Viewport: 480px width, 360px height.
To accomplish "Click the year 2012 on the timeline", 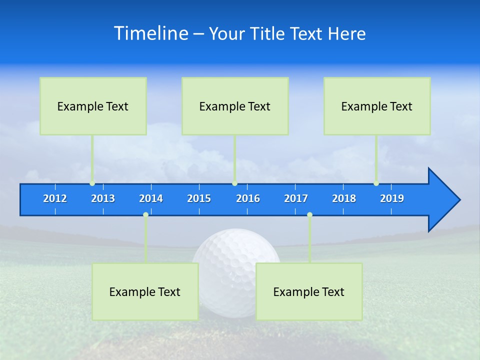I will tap(55, 198).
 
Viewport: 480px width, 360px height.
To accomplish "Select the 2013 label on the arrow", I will tap(103, 198).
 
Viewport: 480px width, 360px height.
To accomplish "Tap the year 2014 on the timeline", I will tap(151, 198).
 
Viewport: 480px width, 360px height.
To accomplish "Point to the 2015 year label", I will tap(199, 198).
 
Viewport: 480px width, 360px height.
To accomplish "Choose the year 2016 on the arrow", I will tap(248, 198).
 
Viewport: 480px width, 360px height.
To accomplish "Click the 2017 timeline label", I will tap(296, 198).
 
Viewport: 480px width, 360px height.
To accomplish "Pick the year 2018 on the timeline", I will tap(344, 198).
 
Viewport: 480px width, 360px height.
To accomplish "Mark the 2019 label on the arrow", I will tap(392, 198).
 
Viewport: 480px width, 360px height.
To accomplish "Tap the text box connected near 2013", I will tap(93, 106).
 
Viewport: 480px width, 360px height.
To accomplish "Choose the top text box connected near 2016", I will tap(235, 106).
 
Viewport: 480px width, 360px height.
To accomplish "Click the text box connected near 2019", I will tap(377, 106).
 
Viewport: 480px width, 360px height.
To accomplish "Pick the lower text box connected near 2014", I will tap(145, 291).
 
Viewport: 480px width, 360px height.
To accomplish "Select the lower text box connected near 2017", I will tap(309, 291).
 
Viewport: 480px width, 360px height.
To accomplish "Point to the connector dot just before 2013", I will tap(92, 183).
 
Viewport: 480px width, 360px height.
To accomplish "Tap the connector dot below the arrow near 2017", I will tap(309, 214).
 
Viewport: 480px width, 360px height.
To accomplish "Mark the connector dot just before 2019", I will tap(376, 183).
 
